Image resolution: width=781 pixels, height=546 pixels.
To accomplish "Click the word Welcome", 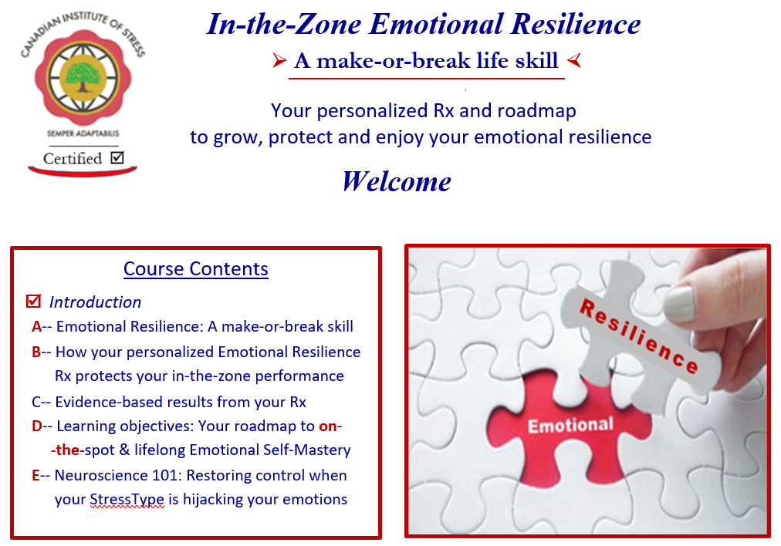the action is tap(397, 181).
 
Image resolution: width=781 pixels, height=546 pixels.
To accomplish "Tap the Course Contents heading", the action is tap(196, 269).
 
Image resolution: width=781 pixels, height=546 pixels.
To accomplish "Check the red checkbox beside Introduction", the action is tap(33, 301).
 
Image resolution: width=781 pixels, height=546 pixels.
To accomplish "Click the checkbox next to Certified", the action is tap(117, 158).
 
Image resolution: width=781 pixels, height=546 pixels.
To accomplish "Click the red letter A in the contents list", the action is tap(36, 326).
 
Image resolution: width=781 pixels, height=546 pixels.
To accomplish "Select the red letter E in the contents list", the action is tap(35, 475).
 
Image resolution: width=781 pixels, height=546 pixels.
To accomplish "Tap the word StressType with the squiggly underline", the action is tap(127, 499).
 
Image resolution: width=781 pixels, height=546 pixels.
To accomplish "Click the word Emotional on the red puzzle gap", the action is tap(570, 425).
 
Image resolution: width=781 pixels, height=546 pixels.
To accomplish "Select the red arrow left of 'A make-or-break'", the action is tap(279, 61).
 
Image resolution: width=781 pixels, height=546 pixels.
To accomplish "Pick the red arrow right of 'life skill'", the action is tap(574, 60).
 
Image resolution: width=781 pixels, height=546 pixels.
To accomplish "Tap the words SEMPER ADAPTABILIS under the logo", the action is tap(83, 133).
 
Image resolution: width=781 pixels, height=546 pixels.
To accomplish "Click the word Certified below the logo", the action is tap(73, 159).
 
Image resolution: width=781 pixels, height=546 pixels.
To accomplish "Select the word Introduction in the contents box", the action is tap(95, 302).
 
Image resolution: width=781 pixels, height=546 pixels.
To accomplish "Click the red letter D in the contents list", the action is tap(36, 426).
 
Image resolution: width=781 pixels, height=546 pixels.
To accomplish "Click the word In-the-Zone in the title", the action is tap(284, 24).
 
